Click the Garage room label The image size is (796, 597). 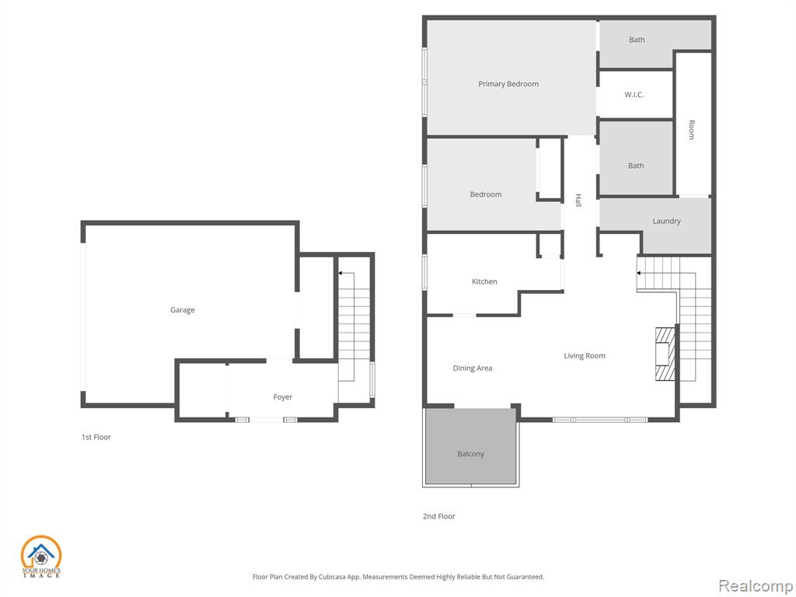point(182,310)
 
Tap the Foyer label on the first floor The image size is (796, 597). point(283,397)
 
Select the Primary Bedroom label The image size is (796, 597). point(508,84)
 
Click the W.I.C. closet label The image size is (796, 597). point(634,94)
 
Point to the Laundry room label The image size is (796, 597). point(666,222)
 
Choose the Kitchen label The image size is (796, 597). point(484,281)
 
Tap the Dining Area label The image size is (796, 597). point(472,368)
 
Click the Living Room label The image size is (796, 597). point(585,356)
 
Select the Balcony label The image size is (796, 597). point(470,454)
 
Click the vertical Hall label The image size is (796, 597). point(578,200)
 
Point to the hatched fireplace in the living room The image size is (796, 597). point(665,354)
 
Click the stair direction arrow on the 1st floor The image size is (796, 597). point(346,273)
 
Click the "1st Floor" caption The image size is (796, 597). point(96,437)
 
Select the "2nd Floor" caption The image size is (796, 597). point(439,516)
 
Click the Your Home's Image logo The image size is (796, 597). point(41,557)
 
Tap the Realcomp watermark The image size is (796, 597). point(756,585)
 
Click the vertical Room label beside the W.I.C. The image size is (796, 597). point(691,130)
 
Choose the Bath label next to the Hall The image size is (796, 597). point(636,166)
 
